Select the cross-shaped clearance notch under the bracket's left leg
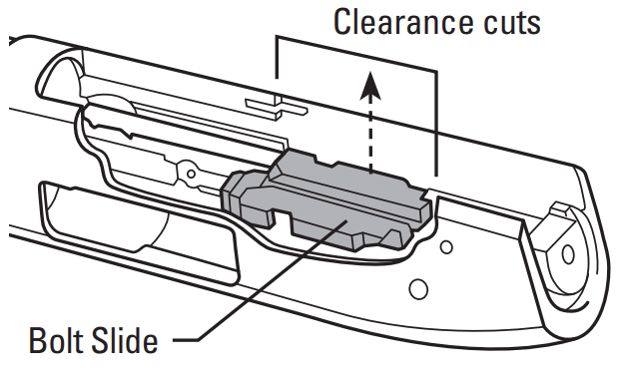pyautogui.click(x=269, y=104)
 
